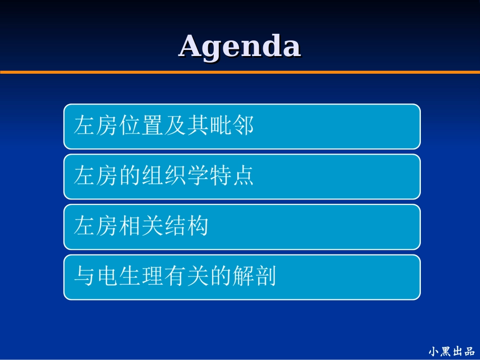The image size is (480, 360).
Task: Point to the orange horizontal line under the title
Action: pos(239,72)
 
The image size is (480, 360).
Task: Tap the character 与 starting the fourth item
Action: pos(84,277)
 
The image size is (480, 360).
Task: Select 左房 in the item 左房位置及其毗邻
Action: pos(95,126)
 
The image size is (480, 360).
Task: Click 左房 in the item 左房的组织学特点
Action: pos(95,176)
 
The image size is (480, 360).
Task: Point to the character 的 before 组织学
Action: pos(129,176)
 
